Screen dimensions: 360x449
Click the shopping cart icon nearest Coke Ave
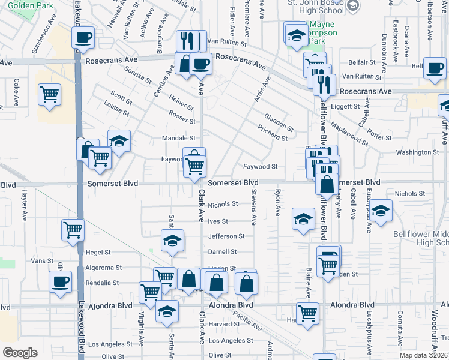(x=49, y=94)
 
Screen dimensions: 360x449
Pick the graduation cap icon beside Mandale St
(x=119, y=141)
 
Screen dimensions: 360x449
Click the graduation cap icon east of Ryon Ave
(x=303, y=218)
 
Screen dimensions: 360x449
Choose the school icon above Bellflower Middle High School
(x=381, y=210)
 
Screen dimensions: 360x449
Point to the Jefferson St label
(x=226, y=236)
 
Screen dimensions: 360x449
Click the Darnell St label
(x=222, y=252)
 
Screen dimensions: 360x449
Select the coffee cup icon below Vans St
(x=60, y=281)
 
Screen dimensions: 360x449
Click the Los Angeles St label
(x=110, y=344)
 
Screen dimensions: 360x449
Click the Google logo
(x=20, y=353)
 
